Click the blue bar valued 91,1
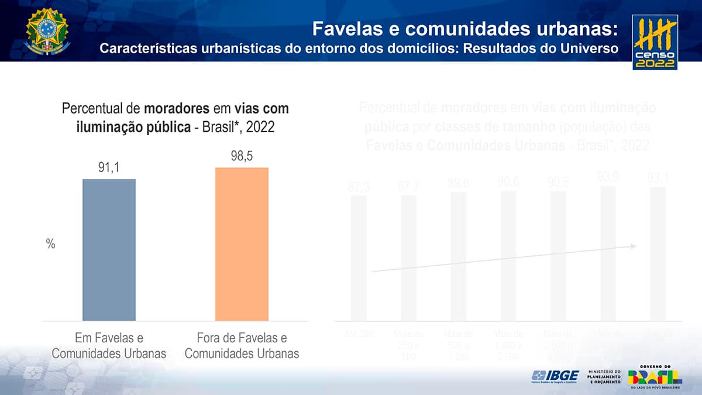(x=109, y=250)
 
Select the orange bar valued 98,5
(x=242, y=244)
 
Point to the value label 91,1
(x=109, y=169)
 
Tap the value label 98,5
(x=242, y=157)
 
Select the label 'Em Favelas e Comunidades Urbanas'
(x=109, y=346)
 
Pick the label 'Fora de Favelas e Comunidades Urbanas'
(x=242, y=346)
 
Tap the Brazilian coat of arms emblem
(x=47, y=31)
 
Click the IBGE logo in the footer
(x=555, y=376)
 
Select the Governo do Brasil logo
(x=655, y=377)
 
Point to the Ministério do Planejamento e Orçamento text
(x=604, y=377)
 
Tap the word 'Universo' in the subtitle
(x=589, y=48)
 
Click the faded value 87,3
(x=358, y=187)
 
